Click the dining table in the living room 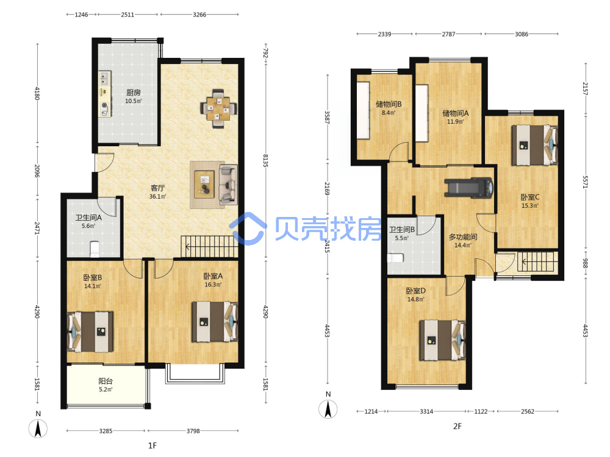click(x=218, y=108)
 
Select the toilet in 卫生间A click(x=95, y=249)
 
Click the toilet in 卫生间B click(x=395, y=258)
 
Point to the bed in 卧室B click(x=90, y=331)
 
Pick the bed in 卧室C click(x=534, y=145)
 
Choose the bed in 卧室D click(x=442, y=340)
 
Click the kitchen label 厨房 click(x=134, y=93)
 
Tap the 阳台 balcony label click(x=106, y=381)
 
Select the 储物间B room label click(x=389, y=104)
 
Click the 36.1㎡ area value click(x=157, y=197)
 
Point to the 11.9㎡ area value click(x=455, y=122)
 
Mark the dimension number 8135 click(x=265, y=161)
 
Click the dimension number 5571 click(x=585, y=182)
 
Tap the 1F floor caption click(x=152, y=445)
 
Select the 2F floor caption click(x=457, y=427)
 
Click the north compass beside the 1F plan click(x=38, y=425)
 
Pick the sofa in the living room click(x=228, y=185)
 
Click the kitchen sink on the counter click(x=104, y=79)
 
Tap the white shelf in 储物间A click(x=422, y=113)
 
